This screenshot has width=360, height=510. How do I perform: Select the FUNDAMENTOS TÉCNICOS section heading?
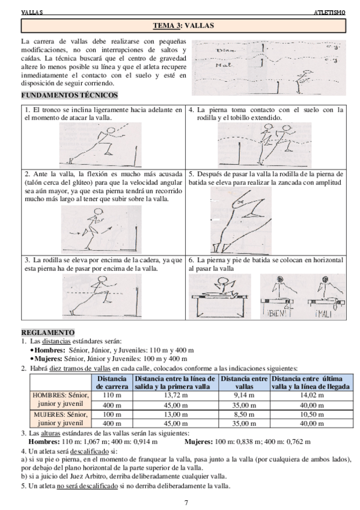[69, 96]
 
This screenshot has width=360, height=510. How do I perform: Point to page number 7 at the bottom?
[186, 502]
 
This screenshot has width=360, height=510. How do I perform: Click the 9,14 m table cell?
[245, 395]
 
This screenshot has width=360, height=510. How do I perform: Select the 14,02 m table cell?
[308, 395]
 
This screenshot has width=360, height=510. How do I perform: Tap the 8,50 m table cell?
[245, 414]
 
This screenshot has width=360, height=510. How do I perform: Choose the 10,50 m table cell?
[308, 414]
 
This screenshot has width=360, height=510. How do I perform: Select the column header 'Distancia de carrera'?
[111, 382]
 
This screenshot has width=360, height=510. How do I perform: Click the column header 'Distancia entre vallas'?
[245, 382]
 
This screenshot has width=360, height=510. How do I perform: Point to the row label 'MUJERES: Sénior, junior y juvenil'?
[61, 419]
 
